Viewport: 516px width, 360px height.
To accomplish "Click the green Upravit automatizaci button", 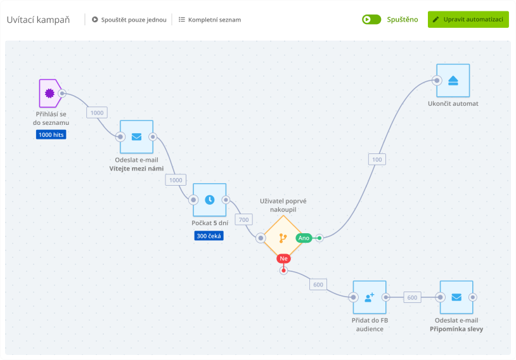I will (468, 19).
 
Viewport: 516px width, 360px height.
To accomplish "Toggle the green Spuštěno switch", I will (371, 19).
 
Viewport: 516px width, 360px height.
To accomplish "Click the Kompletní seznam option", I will (209, 20).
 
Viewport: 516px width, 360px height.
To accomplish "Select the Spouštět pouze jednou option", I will (129, 20).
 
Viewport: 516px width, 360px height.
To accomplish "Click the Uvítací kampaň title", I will (39, 20).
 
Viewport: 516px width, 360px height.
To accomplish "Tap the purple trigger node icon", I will (49, 94).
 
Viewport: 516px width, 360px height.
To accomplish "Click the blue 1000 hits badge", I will (51, 134).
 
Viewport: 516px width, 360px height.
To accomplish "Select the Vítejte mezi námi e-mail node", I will (136, 136).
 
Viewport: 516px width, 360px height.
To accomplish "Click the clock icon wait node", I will (209, 200).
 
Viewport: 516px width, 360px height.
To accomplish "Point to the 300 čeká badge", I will (209, 236).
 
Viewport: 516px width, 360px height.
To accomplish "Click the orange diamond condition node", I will (282, 238).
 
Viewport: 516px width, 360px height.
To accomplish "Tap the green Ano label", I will (304, 238).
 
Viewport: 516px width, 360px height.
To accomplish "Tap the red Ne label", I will (283, 259).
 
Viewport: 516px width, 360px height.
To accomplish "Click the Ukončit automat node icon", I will (453, 80).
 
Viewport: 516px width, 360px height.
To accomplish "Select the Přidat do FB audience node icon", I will (370, 297).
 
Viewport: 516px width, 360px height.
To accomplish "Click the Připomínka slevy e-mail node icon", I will (456, 297).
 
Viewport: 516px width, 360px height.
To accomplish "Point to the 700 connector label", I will (243, 220).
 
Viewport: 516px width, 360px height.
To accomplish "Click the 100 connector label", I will (377, 160).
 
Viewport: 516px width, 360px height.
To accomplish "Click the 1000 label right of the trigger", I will (97, 113).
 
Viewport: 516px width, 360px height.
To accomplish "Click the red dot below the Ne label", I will (283, 271).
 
